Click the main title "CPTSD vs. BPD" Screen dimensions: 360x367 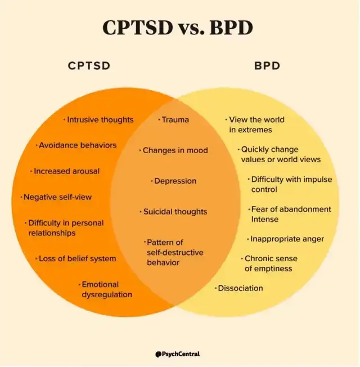pyautogui.click(x=178, y=28)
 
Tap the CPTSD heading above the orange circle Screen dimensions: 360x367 pyautogui.click(x=89, y=66)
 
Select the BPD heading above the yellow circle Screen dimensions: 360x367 pyautogui.click(x=267, y=66)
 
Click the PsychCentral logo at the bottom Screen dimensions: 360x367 pyautogui.click(x=178, y=354)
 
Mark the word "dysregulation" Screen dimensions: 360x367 pyautogui.click(x=107, y=295)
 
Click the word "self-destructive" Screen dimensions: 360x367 pyautogui.click(x=175, y=253)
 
